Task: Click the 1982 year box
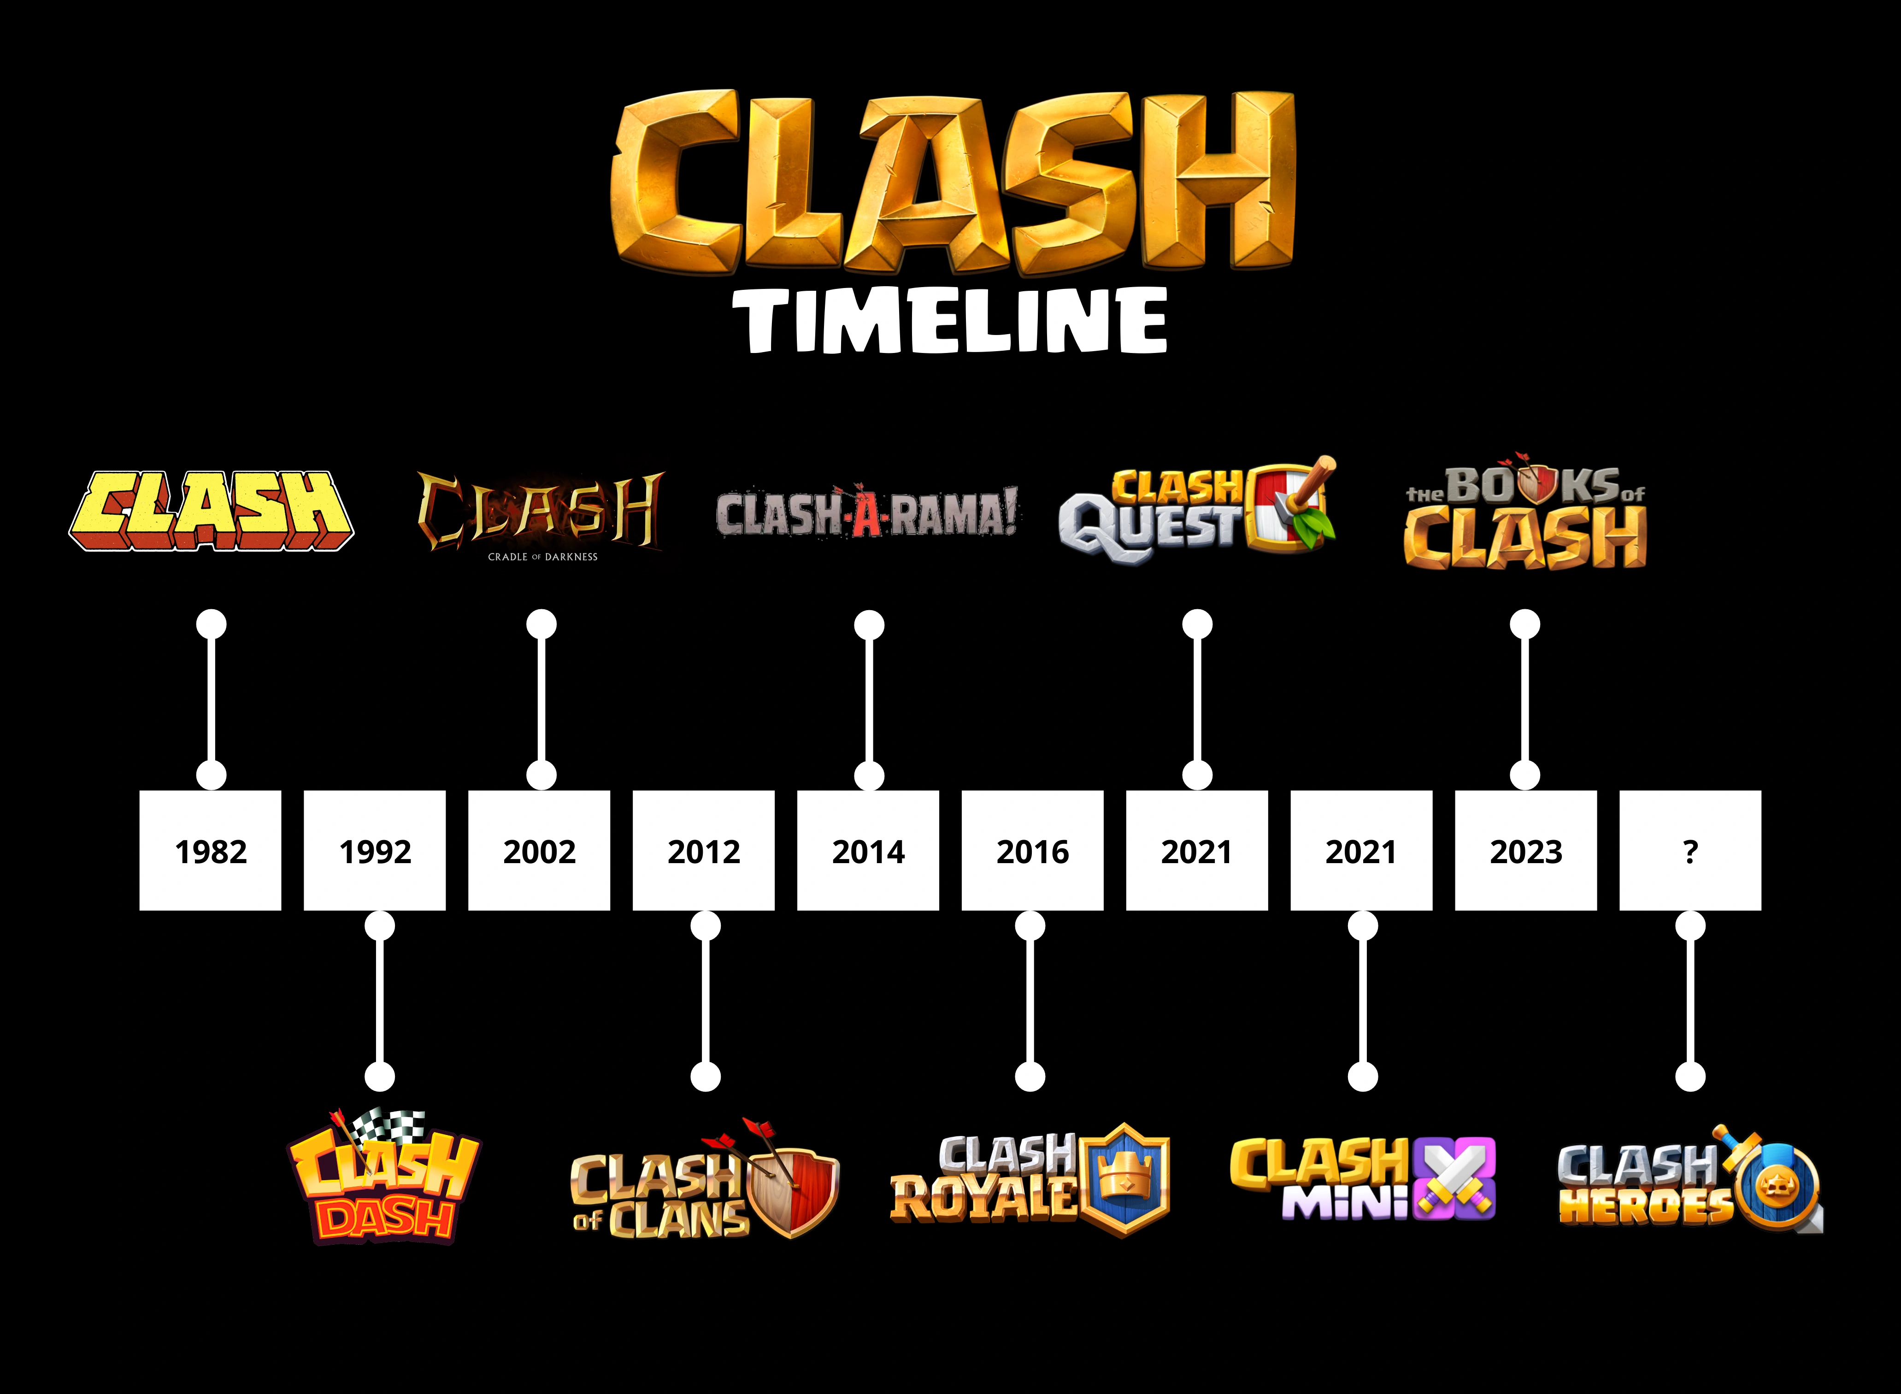(210, 851)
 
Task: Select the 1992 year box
(375, 851)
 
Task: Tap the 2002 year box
(539, 851)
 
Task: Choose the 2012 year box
(704, 851)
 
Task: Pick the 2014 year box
(868, 851)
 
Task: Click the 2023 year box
(1525, 851)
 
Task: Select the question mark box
(1690, 851)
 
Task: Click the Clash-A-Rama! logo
(866, 512)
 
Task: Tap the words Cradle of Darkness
(542, 557)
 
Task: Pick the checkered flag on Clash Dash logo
(388, 1127)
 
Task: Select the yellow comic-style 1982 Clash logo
(211, 511)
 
